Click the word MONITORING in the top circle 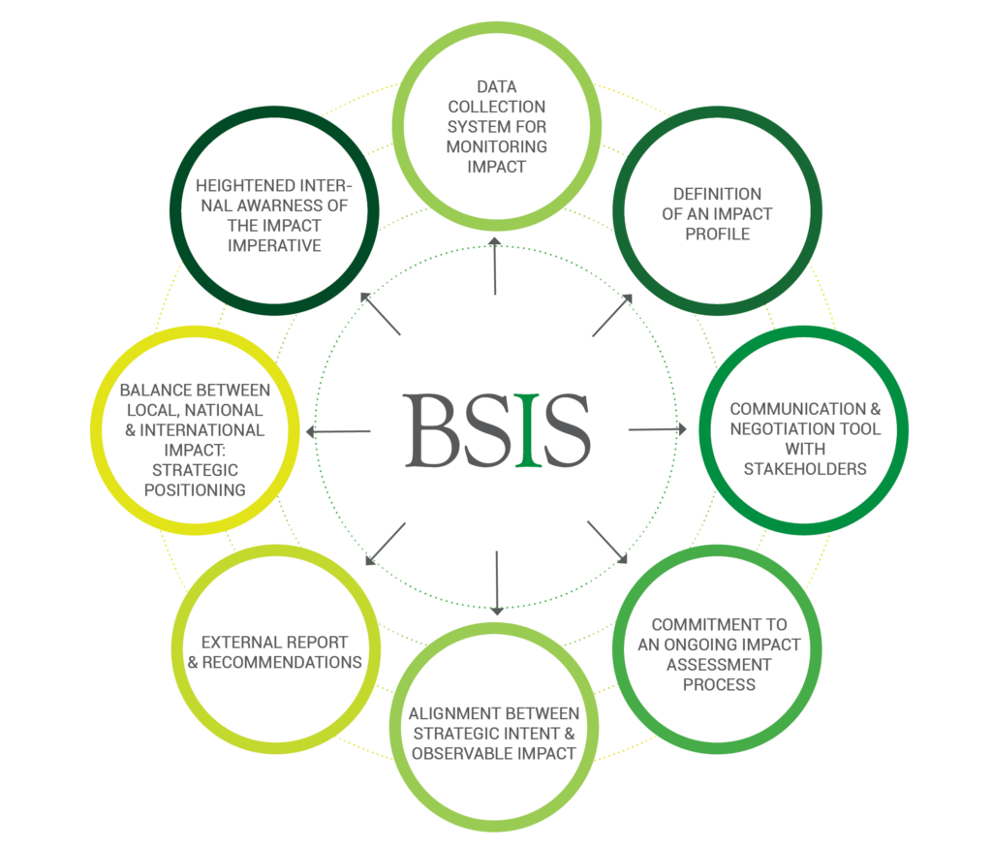click(x=497, y=146)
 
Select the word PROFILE click(x=717, y=234)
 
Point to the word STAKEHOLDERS click(x=804, y=468)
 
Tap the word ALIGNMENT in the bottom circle click(x=447, y=714)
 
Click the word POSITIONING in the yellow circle click(x=195, y=489)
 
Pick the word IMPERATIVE click(x=274, y=244)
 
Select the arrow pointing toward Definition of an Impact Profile click(x=612, y=315)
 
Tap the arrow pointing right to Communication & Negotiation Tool click(x=658, y=428)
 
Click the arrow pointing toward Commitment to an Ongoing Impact click(x=608, y=544)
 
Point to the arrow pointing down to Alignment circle click(x=497, y=582)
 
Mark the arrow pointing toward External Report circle click(x=385, y=544)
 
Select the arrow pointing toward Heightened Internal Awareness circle click(x=380, y=314)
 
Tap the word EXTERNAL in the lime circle click(x=237, y=643)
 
